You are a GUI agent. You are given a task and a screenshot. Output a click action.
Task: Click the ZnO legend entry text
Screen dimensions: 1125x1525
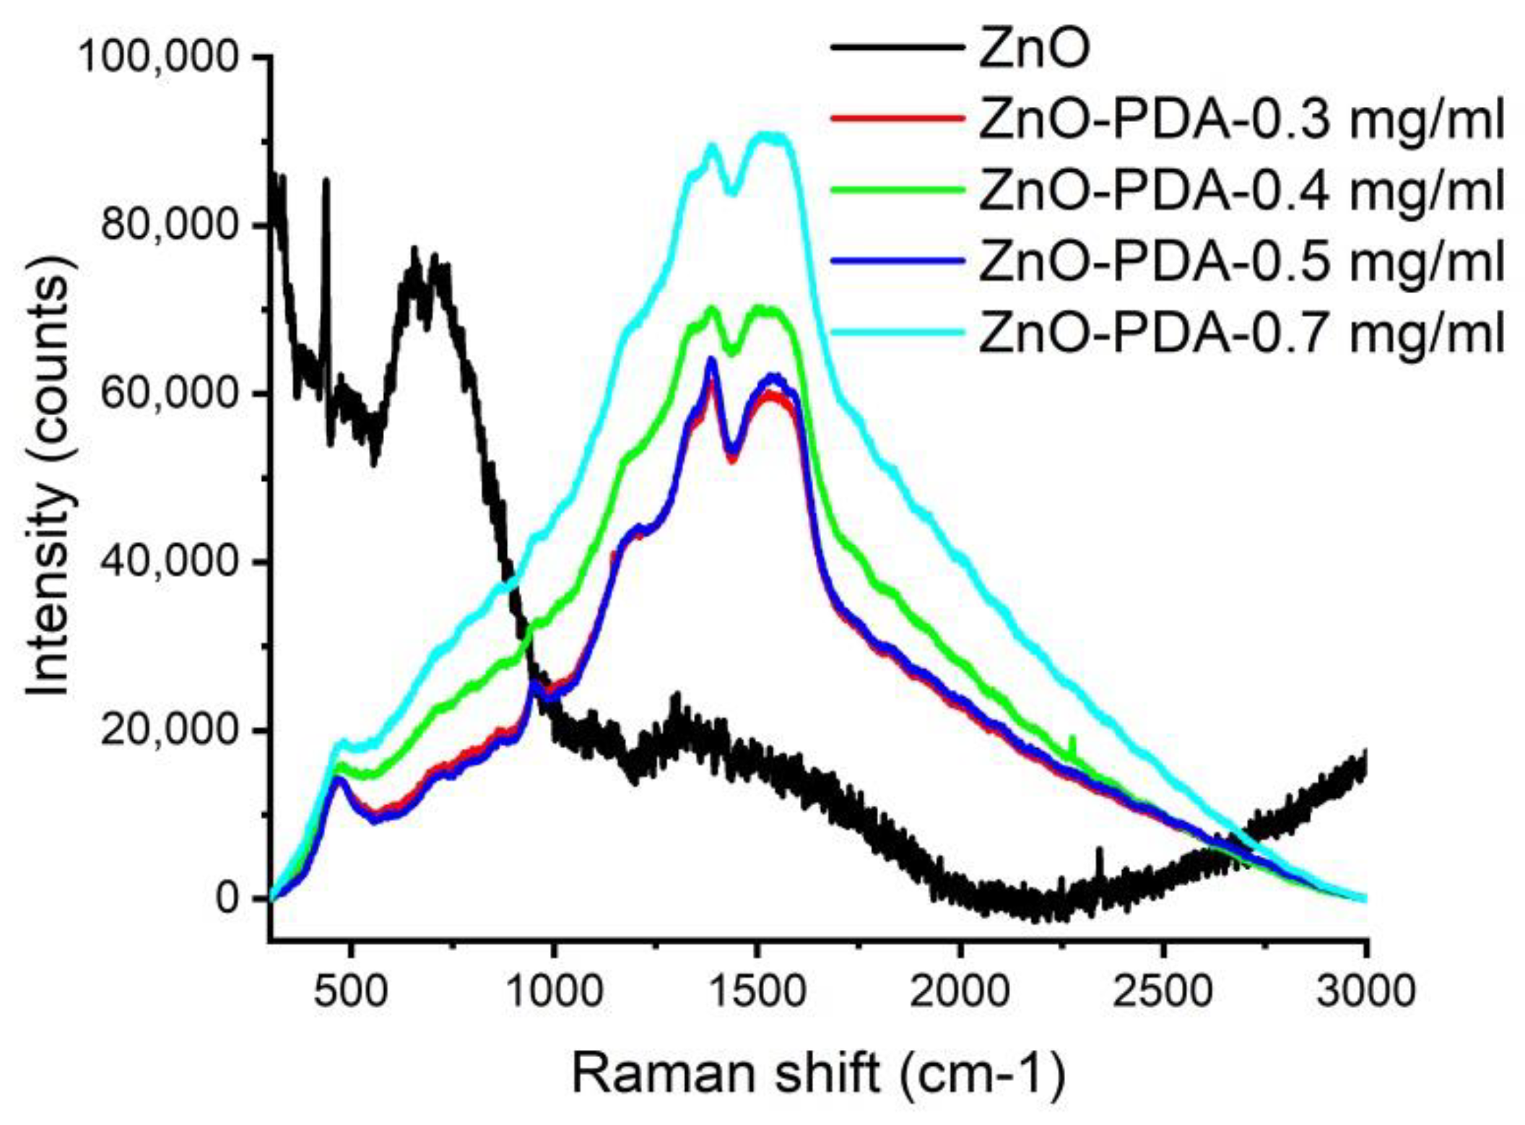coord(1033,49)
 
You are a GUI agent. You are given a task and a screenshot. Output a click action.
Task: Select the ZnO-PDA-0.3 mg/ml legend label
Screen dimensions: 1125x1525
coord(1241,120)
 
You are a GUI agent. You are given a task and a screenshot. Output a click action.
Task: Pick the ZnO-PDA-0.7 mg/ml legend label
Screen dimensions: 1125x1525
coord(1241,333)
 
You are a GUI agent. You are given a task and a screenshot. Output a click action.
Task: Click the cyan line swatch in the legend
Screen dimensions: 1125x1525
coord(898,331)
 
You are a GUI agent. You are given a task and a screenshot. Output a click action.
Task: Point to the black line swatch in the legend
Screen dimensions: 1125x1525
coord(898,48)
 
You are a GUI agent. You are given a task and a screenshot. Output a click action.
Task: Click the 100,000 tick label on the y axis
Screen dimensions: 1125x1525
coord(158,56)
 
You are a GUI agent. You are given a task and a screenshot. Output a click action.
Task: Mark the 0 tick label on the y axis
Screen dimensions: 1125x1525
coord(227,899)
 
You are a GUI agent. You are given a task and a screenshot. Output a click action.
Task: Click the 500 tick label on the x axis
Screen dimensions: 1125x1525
coord(350,991)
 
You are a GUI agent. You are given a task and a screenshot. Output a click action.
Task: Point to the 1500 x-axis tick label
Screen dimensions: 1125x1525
coord(756,991)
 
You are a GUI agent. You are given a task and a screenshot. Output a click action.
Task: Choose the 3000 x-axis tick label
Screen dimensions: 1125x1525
coord(1365,991)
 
